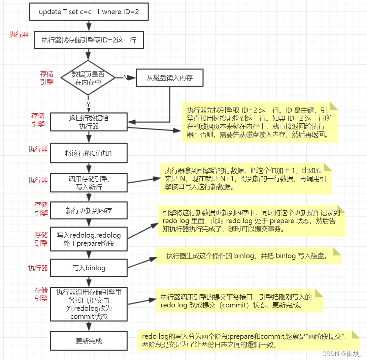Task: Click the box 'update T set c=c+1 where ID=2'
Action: [x=89, y=12]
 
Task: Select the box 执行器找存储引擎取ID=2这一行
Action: [x=89, y=40]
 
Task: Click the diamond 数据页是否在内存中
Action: [x=88, y=78]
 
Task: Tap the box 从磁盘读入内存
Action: [x=169, y=78]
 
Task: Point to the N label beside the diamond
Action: [x=126, y=78]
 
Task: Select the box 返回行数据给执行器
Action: [x=89, y=122]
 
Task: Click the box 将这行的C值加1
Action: [x=89, y=153]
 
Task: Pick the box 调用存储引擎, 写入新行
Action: [x=89, y=183]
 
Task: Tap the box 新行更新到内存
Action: [x=89, y=211]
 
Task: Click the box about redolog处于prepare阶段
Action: [x=89, y=239]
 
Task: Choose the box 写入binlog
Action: [x=89, y=268]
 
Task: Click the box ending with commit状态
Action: [x=89, y=304]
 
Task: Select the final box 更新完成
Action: [x=89, y=341]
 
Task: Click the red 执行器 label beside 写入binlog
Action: [x=38, y=268]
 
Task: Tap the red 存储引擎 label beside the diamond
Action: [x=47, y=78]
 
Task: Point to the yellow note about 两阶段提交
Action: [x=248, y=340]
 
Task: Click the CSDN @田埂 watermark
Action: [x=342, y=354]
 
